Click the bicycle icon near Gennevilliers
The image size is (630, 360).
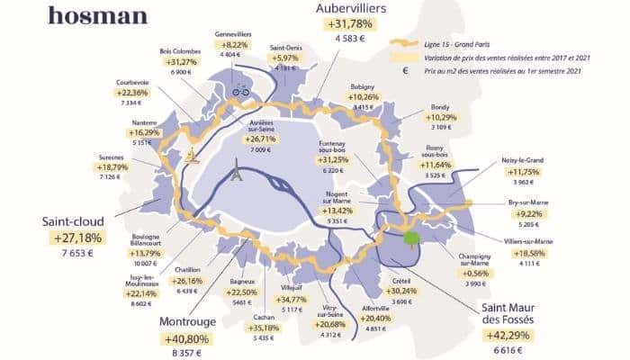240,90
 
